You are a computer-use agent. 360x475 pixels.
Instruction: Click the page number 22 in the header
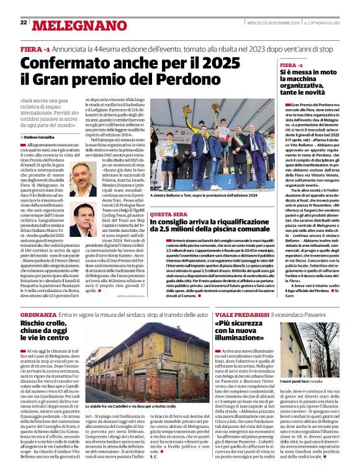click(x=23, y=22)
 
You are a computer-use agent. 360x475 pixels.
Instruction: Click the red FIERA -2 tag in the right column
click(x=291, y=64)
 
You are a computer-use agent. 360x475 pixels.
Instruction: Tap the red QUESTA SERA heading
click(x=168, y=213)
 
